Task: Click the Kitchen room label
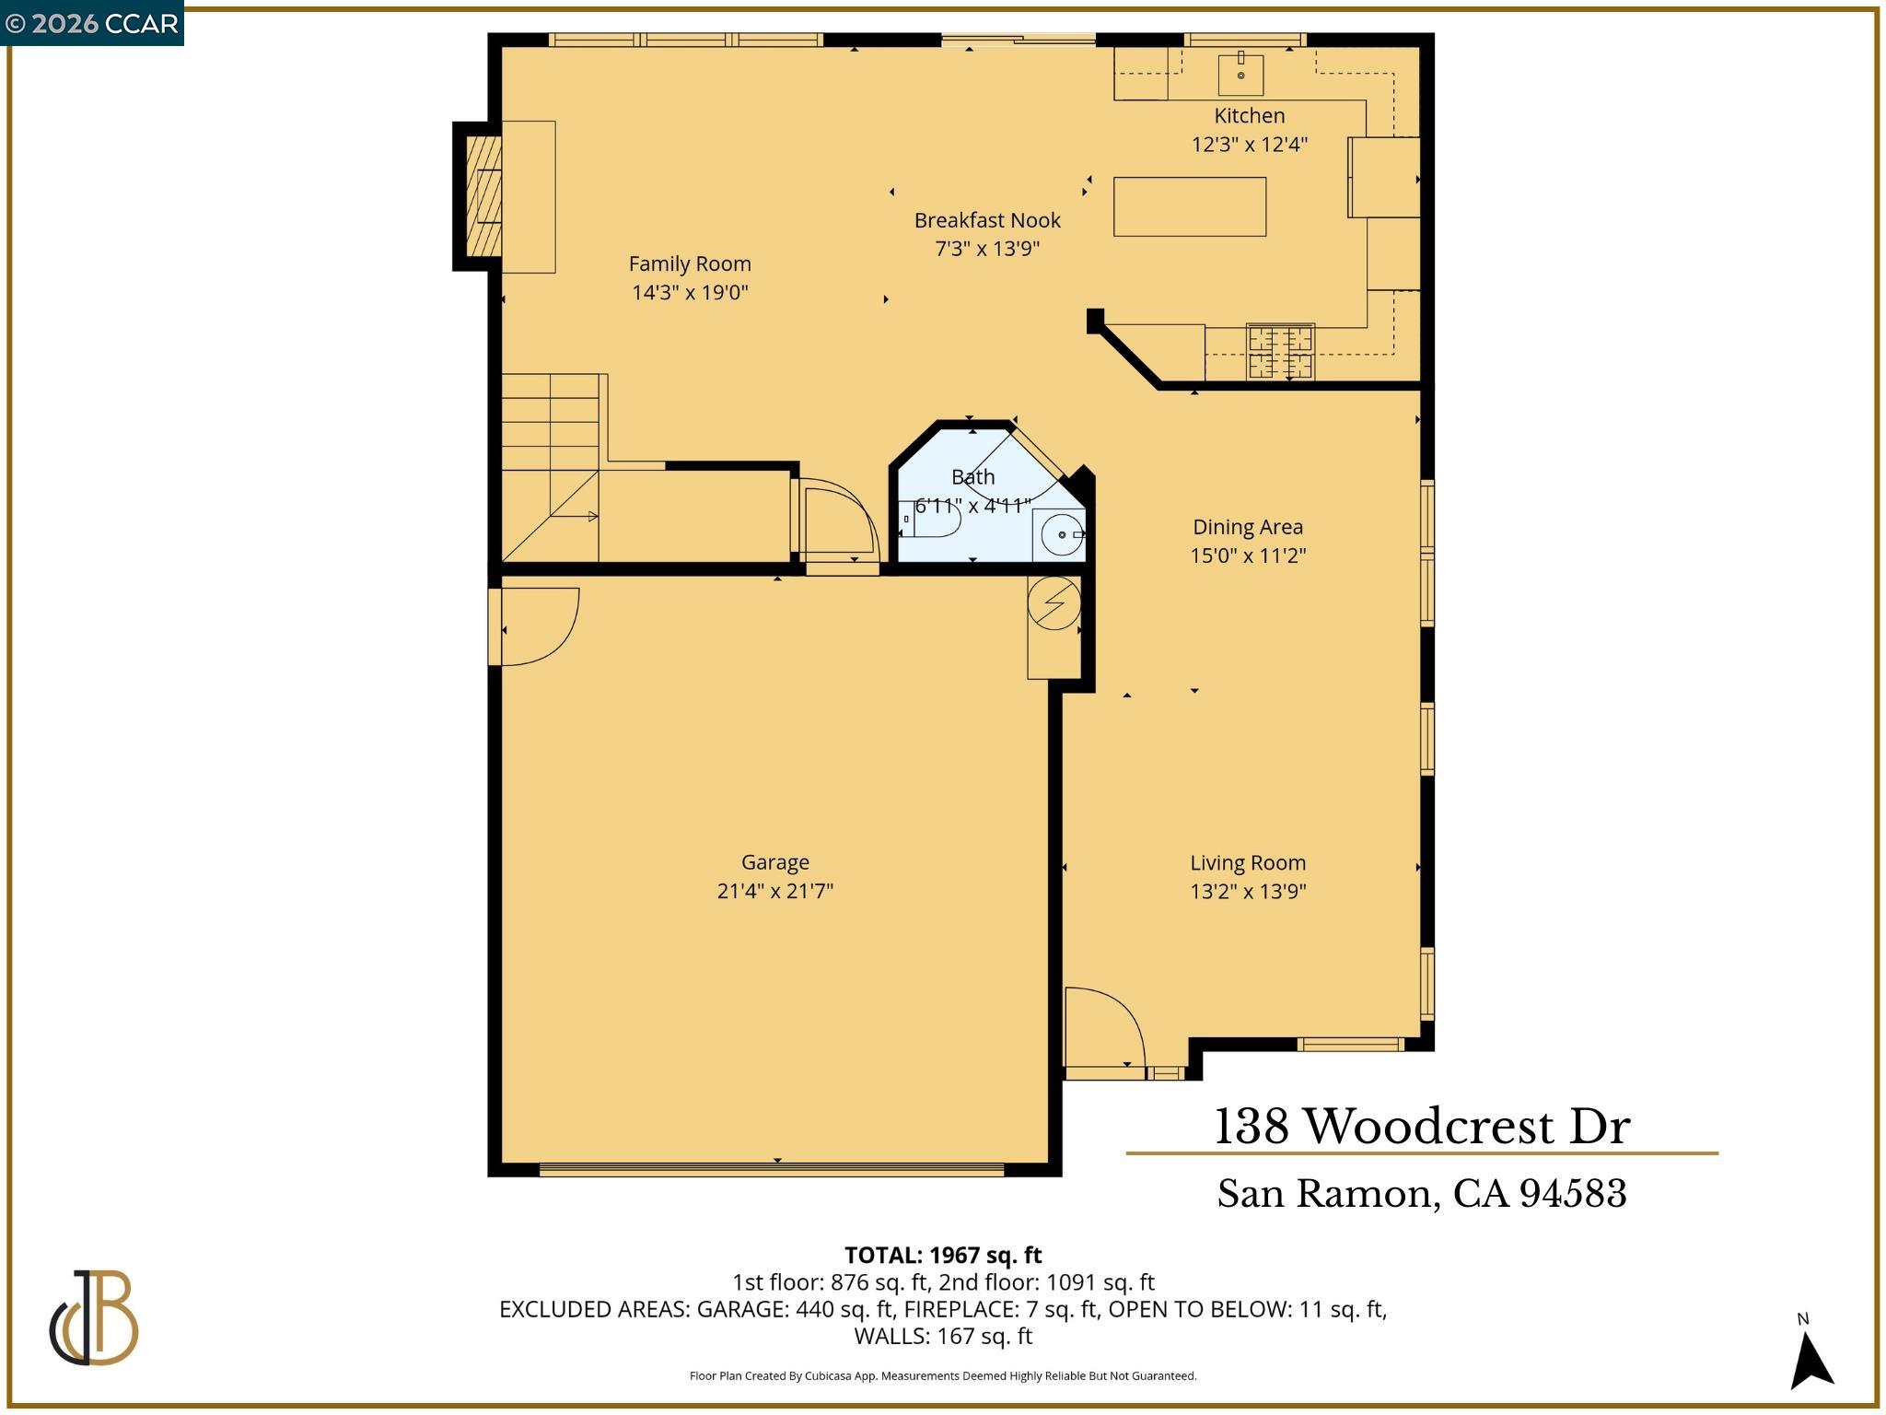[1249, 116]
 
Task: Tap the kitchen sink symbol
[1240, 74]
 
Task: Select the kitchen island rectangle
[1189, 206]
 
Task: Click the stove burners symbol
[1280, 351]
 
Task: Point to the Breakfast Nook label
[987, 220]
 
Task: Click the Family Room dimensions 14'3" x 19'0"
[690, 293]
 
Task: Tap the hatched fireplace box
[483, 195]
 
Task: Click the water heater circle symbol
[1054, 603]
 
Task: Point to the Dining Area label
[1248, 527]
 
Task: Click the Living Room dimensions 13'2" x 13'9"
[1248, 891]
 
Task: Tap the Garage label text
[774, 862]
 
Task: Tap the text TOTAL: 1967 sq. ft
[943, 1256]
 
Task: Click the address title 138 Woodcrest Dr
[1422, 1127]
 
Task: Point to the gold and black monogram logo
[93, 1317]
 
